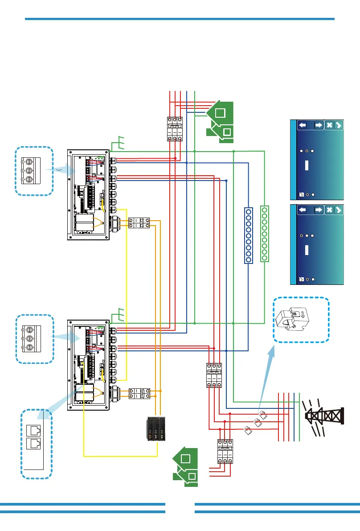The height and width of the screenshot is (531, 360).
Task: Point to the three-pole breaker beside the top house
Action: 175,129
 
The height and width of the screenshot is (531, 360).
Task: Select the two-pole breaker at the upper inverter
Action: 139,223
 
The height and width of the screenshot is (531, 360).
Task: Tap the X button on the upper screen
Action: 329,125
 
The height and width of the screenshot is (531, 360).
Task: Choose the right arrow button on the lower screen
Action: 319,210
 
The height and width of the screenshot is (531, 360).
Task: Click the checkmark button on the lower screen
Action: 339,210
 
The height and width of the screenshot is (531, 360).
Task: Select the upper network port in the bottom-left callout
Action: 33,430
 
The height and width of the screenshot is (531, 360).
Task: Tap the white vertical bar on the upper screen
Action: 307,165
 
